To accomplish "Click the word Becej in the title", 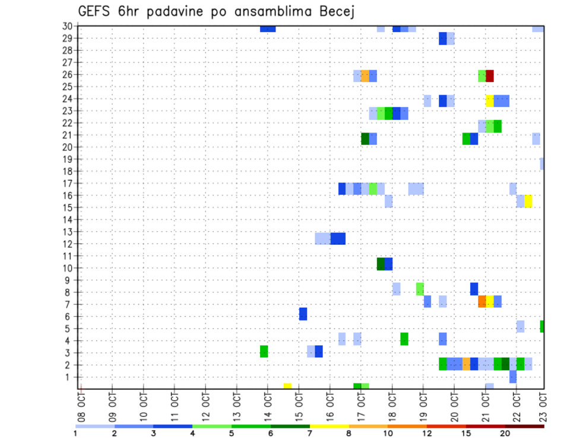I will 335,12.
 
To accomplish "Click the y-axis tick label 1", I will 69,377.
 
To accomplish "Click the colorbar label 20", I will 505,433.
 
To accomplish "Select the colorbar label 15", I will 466,433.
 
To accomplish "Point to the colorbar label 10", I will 388,433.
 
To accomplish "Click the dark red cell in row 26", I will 490,75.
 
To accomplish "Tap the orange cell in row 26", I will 365,75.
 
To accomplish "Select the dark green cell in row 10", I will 381,264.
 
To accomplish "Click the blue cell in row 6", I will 303,314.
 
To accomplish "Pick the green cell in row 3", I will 264,351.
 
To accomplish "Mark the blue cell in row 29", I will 443,39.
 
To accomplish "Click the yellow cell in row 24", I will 490,100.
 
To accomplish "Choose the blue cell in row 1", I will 513,377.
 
